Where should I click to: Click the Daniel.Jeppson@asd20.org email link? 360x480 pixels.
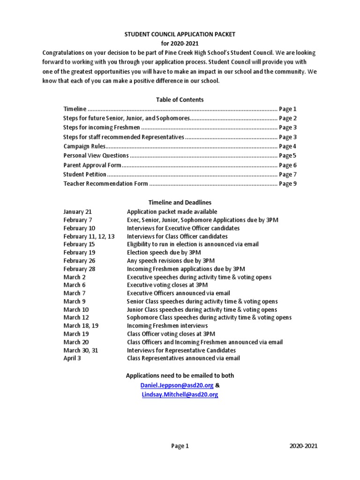click(x=177, y=385)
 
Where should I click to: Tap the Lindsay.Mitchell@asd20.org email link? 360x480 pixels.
click(x=180, y=395)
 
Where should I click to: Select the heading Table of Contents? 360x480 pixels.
click(x=180, y=99)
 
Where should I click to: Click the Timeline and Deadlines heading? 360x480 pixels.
click(x=180, y=202)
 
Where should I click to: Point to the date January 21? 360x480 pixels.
click(x=77, y=212)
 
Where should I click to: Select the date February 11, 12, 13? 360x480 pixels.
click(x=89, y=236)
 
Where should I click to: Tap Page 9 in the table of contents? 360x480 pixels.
click(x=288, y=184)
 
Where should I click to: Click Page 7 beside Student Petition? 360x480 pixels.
click(x=288, y=174)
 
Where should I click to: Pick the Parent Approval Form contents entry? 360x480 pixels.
click(x=92, y=165)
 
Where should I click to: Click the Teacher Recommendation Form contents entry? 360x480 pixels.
click(x=105, y=184)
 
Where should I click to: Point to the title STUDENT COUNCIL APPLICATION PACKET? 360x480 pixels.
click(x=180, y=35)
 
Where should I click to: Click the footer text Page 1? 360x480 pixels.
click(x=180, y=446)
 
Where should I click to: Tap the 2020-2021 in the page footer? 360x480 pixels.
click(x=303, y=446)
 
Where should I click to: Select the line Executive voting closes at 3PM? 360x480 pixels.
click(x=167, y=285)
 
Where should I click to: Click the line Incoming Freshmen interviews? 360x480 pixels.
click(x=167, y=326)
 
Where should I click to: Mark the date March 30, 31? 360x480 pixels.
click(x=81, y=350)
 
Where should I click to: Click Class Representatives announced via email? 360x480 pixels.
click(x=183, y=358)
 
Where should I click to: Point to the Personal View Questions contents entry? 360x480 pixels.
click(x=96, y=156)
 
